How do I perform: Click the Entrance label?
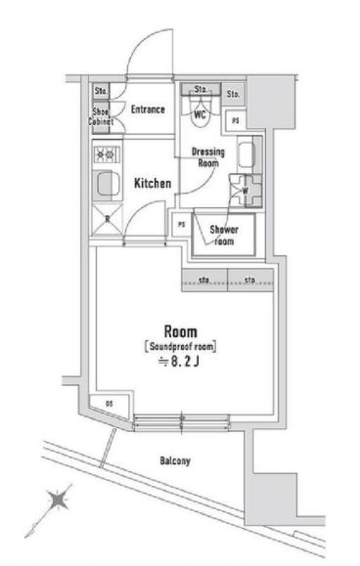point(147,109)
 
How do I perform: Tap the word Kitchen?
point(153,183)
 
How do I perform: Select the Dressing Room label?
point(207,157)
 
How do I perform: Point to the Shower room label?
point(224,235)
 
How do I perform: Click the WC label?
point(200,113)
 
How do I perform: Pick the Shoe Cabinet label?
point(101,117)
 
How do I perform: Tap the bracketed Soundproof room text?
point(180,346)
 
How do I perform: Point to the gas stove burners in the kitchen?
point(104,152)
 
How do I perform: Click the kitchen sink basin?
point(104,184)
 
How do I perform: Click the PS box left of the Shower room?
point(181,224)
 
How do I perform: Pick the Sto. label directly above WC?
point(201,90)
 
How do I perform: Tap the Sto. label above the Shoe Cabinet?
point(101,92)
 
